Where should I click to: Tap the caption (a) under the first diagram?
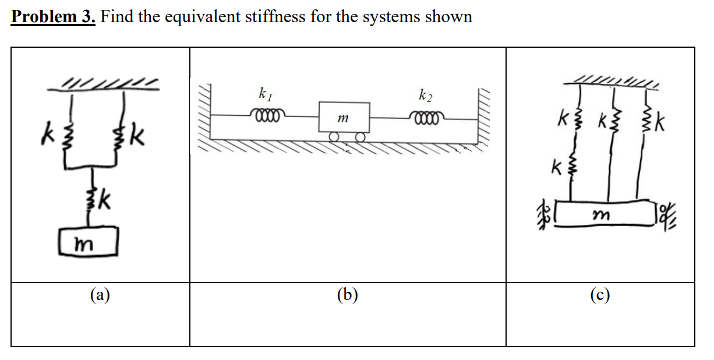(x=100, y=295)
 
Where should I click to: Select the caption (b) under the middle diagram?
(x=348, y=295)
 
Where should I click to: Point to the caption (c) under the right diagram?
(x=600, y=295)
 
